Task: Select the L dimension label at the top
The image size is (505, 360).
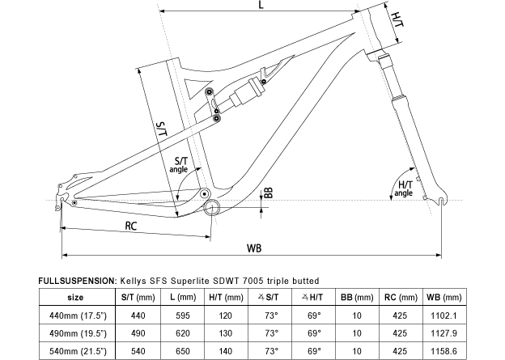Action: (x=261, y=6)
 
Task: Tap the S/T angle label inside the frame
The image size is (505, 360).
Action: (x=179, y=165)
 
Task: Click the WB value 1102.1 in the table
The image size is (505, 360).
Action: (x=443, y=315)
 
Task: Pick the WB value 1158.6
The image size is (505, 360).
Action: (x=443, y=350)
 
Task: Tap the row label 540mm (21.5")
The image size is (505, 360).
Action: (x=75, y=350)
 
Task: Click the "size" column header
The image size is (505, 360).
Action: (x=75, y=296)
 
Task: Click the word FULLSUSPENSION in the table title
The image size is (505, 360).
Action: (x=78, y=280)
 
